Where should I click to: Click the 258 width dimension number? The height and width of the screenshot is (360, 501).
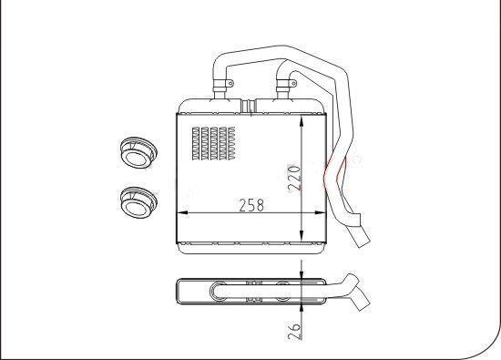tap(251, 205)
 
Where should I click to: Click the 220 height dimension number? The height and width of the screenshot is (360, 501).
tap(294, 178)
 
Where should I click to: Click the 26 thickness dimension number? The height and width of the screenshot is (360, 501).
tap(294, 331)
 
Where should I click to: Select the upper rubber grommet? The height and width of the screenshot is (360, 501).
tap(138, 152)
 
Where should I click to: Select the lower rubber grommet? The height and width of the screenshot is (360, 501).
tap(138, 202)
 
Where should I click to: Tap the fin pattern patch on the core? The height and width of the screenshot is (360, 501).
tap(214, 143)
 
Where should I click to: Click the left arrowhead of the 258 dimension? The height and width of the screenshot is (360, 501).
tap(183, 212)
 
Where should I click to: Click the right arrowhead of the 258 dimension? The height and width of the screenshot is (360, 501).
tap(320, 212)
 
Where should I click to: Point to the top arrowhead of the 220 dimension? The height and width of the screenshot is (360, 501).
tap(302, 123)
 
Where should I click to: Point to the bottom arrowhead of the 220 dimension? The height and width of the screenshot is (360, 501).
tap(302, 235)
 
